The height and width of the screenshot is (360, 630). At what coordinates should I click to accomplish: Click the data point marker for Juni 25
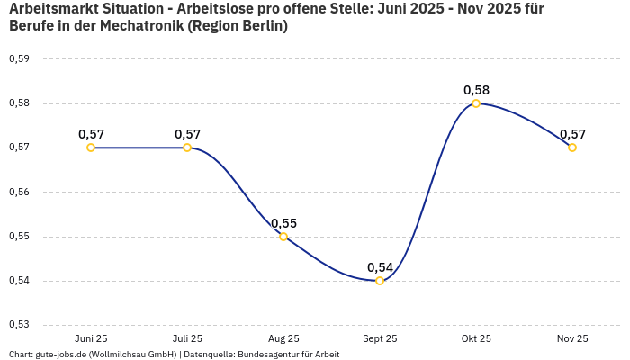pyautogui.click(x=91, y=148)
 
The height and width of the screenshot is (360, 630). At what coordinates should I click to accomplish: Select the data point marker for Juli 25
pyautogui.click(x=187, y=148)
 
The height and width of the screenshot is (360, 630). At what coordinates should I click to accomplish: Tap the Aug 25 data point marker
pyautogui.click(x=283, y=237)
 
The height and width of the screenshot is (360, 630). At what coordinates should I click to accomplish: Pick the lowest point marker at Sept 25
pyautogui.click(x=380, y=281)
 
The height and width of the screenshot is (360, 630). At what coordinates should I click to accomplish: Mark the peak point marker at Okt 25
pyautogui.click(x=476, y=103)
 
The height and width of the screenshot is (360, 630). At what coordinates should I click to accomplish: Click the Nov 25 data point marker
pyautogui.click(x=572, y=148)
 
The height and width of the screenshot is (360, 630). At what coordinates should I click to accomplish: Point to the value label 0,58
pyautogui.click(x=476, y=90)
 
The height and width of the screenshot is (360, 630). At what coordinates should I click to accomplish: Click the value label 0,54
pyautogui.click(x=380, y=267)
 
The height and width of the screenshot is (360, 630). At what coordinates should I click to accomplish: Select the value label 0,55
pyautogui.click(x=283, y=223)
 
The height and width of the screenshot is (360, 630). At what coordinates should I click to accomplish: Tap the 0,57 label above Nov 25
pyautogui.click(x=572, y=134)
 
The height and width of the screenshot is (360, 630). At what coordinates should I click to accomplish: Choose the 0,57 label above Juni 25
pyautogui.click(x=91, y=134)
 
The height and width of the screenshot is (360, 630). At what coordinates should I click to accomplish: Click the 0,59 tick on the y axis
pyautogui.click(x=19, y=59)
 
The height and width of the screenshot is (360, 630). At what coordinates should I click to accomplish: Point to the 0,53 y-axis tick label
pyautogui.click(x=19, y=325)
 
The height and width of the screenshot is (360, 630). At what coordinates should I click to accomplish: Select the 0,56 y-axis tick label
pyautogui.click(x=19, y=192)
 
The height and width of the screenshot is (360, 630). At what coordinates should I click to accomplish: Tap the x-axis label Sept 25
pyautogui.click(x=380, y=338)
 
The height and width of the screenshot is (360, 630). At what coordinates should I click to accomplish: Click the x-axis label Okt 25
pyautogui.click(x=476, y=338)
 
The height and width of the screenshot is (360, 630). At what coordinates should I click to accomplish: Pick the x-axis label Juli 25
pyautogui.click(x=187, y=338)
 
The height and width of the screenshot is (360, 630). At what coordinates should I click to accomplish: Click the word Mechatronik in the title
pyautogui.click(x=143, y=26)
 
